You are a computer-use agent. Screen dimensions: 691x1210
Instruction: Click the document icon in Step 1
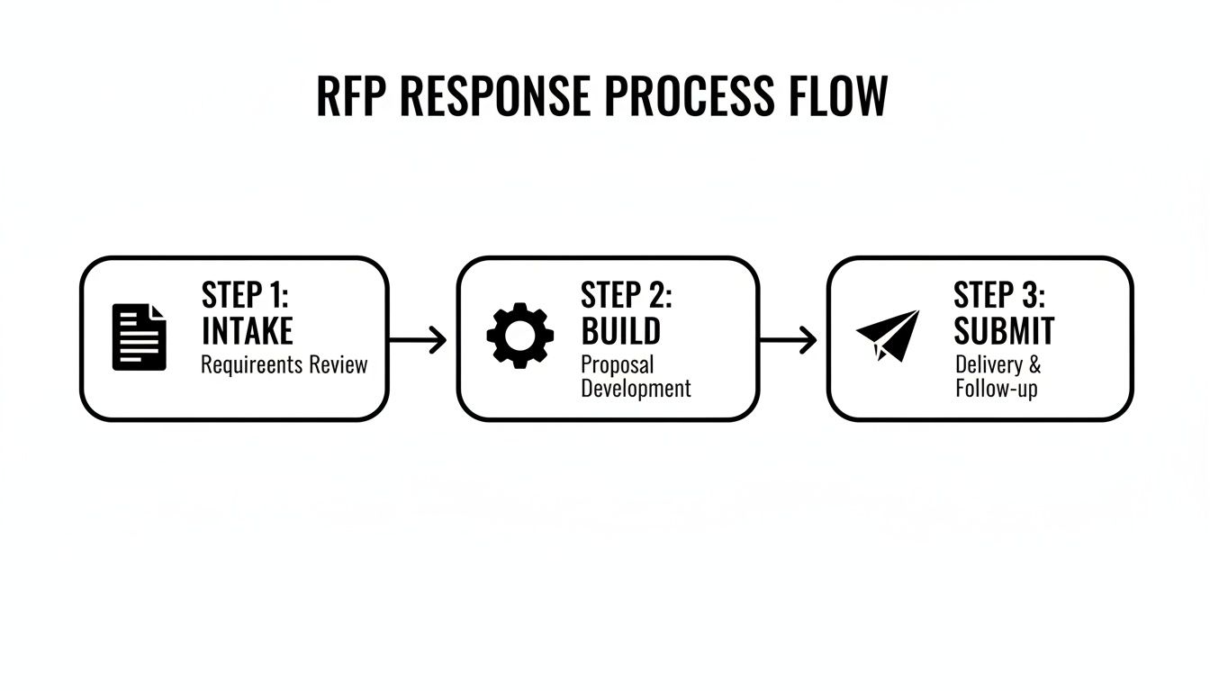pyautogui.click(x=139, y=337)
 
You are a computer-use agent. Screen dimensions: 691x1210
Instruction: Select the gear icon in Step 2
pyautogui.click(x=519, y=336)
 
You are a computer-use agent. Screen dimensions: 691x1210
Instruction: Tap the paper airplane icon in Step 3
pyautogui.click(x=889, y=335)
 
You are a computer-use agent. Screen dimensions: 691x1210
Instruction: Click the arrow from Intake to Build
pyautogui.click(x=419, y=339)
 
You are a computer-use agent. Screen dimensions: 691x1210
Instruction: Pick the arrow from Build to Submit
pyautogui.click(x=789, y=339)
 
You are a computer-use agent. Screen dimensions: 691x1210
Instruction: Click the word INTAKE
pyautogui.click(x=247, y=331)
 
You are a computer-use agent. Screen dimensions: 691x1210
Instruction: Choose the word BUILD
pyautogui.click(x=620, y=331)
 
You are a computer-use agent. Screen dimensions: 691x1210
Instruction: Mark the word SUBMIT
pyautogui.click(x=1003, y=331)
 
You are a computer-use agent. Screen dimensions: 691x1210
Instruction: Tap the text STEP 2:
pyautogui.click(x=626, y=295)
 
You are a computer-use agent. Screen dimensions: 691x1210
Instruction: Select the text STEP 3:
pyautogui.click(x=998, y=295)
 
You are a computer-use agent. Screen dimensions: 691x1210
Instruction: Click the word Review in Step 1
pyautogui.click(x=338, y=365)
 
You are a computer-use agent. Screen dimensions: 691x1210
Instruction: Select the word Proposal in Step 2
pyautogui.click(x=617, y=365)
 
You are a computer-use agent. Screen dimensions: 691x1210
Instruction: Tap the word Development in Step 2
pyautogui.click(x=636, y=389)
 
